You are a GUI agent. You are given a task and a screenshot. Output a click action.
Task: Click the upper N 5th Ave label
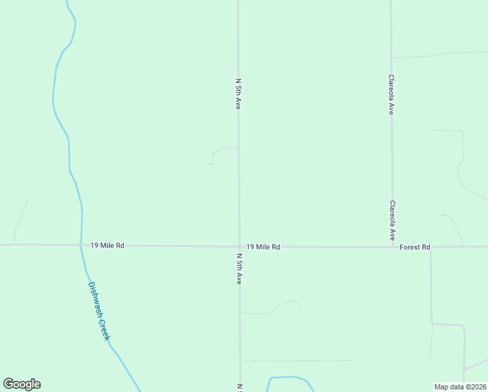tap(239, 93)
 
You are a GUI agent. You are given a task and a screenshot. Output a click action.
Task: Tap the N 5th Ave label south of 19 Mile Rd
tap(239, 269)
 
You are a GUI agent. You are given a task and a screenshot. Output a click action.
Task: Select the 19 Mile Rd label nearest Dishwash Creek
tap(107, 245)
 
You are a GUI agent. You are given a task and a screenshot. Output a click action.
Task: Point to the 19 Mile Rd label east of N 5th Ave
tap(263, 247)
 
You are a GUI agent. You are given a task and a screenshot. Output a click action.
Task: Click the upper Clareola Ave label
tap(391, 94)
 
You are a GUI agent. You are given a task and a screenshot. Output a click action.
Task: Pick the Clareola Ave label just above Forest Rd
tap(392, 220)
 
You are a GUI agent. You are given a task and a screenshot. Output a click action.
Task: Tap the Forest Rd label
tap(415, 247)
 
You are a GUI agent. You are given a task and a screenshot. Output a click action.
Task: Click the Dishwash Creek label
tap(100, 311)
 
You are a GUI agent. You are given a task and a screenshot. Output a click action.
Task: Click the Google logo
tap(22, 384)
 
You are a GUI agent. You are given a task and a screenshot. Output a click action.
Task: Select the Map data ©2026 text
tap(460, 387)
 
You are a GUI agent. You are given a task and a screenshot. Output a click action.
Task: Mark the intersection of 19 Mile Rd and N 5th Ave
tap(239, 246)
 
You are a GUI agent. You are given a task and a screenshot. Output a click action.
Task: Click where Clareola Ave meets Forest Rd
tap(392, 247)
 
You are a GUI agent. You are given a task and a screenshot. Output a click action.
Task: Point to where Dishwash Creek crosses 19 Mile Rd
tap(81, 245)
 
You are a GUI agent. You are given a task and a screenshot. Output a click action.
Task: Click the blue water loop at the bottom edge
tap(290, 378)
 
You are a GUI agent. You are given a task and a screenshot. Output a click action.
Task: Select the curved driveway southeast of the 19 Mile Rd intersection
tap(281, 305)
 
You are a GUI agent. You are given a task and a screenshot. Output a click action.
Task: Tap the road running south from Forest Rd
tap(431, 287)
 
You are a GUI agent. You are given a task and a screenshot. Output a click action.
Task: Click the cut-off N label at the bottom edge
tap(240, 388)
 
